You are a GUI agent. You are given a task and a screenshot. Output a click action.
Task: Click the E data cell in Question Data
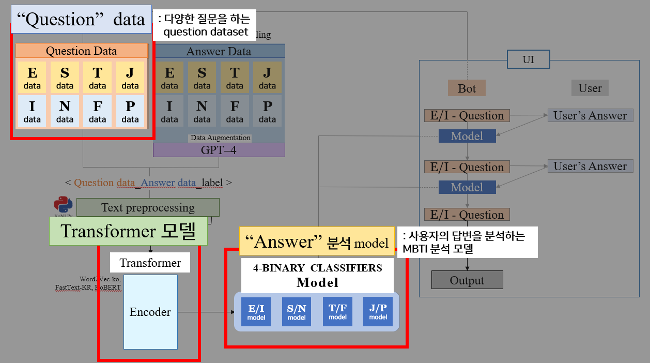32,78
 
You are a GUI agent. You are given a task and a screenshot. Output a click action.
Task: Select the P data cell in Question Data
130,111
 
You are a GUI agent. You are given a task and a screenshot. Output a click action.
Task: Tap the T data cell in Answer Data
235,78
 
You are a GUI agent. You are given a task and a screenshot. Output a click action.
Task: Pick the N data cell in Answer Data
202,111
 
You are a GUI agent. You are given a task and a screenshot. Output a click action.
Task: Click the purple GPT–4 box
219,150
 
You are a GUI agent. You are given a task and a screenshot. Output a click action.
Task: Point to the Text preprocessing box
148,208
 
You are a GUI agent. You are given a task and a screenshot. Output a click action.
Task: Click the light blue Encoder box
150,312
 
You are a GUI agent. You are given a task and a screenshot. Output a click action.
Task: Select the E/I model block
256,311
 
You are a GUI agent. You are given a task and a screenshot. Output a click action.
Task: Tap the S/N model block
297,311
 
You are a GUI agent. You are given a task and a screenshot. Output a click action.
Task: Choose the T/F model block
337,311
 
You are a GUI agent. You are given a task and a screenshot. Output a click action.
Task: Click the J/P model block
378,311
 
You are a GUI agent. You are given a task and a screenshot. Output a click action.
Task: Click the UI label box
528,59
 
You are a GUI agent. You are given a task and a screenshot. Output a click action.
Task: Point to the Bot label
467,88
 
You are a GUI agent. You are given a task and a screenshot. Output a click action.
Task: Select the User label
590,88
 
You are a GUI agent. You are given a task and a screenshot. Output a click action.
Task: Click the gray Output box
467,280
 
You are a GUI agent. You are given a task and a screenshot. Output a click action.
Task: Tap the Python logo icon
63,205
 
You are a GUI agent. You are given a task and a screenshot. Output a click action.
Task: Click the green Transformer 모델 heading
128,231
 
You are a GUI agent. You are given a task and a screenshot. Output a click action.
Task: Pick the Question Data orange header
82,51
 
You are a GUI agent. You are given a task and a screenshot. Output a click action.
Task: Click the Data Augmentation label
221,138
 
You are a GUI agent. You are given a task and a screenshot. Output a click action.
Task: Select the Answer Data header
219,51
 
